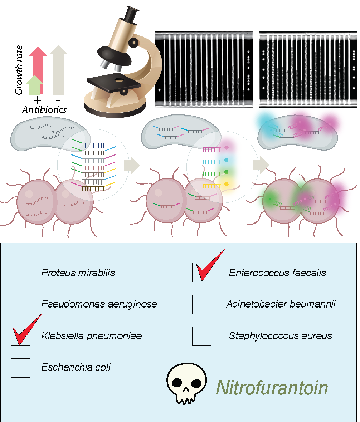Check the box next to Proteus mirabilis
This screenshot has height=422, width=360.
coord(21,273)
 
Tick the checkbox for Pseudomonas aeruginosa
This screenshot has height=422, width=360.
coord(21,304)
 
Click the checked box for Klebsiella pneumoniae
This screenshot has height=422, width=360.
coord(21,336)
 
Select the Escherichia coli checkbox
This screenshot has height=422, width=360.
coord(21,368)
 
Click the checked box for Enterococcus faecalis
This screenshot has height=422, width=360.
coord(202,273)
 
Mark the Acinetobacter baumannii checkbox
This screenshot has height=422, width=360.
coord(202,304)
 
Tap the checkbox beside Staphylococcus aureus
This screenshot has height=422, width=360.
coord(202,336)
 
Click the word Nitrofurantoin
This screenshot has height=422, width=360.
coord(272,388)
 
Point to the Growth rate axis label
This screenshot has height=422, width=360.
coord(19,70)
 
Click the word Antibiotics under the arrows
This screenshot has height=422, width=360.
coord(44,109)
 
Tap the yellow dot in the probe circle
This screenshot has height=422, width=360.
coord(226,184)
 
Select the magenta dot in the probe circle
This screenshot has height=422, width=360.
coord(226,147)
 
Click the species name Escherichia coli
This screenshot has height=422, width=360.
coord(76,367)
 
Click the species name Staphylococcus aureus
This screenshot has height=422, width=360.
coord(281,336)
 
